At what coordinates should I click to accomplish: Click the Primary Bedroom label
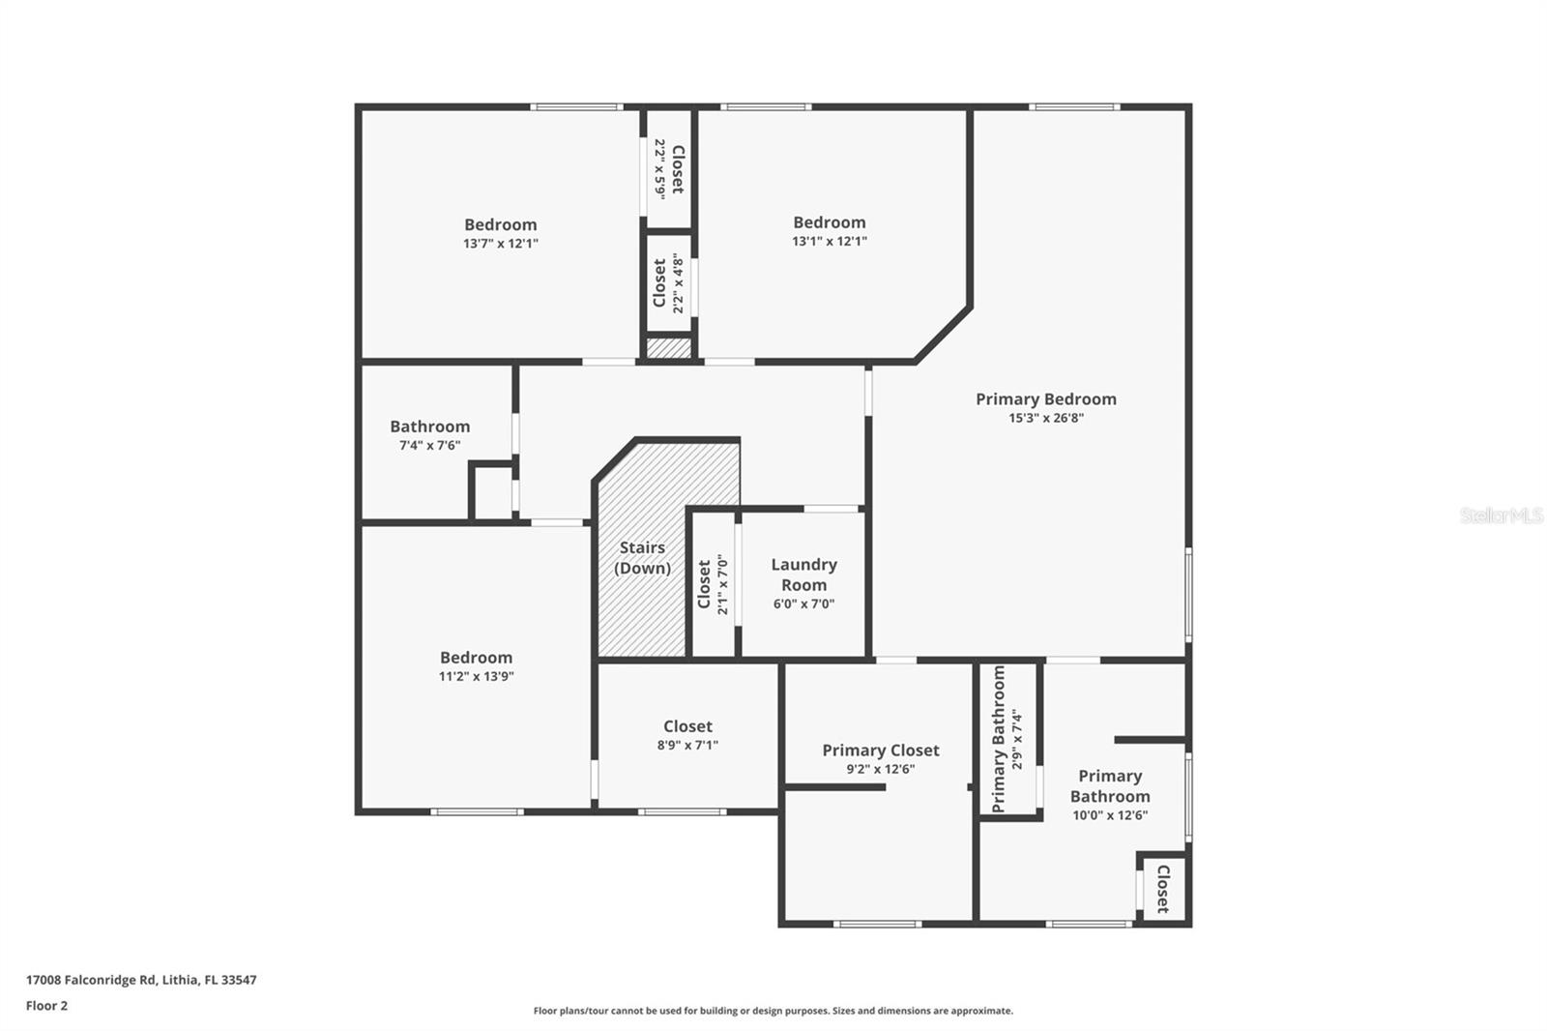1045,399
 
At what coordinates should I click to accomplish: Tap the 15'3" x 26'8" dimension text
1045,418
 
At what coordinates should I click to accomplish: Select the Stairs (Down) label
642,558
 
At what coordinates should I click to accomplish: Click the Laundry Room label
803,574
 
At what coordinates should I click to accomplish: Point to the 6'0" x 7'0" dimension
803,604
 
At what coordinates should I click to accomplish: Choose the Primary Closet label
881,751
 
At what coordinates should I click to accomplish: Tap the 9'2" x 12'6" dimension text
881,769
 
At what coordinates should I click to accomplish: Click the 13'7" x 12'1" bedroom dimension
501,243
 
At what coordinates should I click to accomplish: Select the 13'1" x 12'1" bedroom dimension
830,241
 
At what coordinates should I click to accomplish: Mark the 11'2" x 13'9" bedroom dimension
477,676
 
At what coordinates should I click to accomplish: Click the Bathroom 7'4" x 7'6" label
429,435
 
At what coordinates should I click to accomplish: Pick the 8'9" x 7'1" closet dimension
687,745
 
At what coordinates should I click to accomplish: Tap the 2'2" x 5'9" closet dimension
660,169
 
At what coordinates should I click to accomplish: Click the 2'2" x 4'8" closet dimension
678,283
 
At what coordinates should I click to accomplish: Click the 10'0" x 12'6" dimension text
1110,815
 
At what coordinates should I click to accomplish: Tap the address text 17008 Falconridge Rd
91,980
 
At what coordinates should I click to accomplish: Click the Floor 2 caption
47,1006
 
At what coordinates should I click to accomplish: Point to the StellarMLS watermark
1502,515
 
